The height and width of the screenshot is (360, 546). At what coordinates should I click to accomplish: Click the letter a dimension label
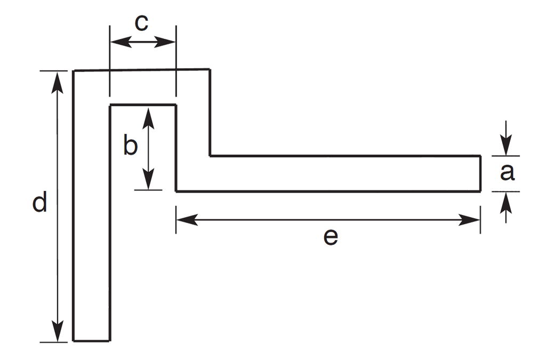(x=508, y=172)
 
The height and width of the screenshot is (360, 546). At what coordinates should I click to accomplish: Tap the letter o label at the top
(x=142, y=23)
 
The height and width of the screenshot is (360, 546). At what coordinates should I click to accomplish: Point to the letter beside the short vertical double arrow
(x=132, y=146)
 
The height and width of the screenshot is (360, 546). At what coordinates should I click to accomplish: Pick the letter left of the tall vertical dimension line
(x=38, y=203)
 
